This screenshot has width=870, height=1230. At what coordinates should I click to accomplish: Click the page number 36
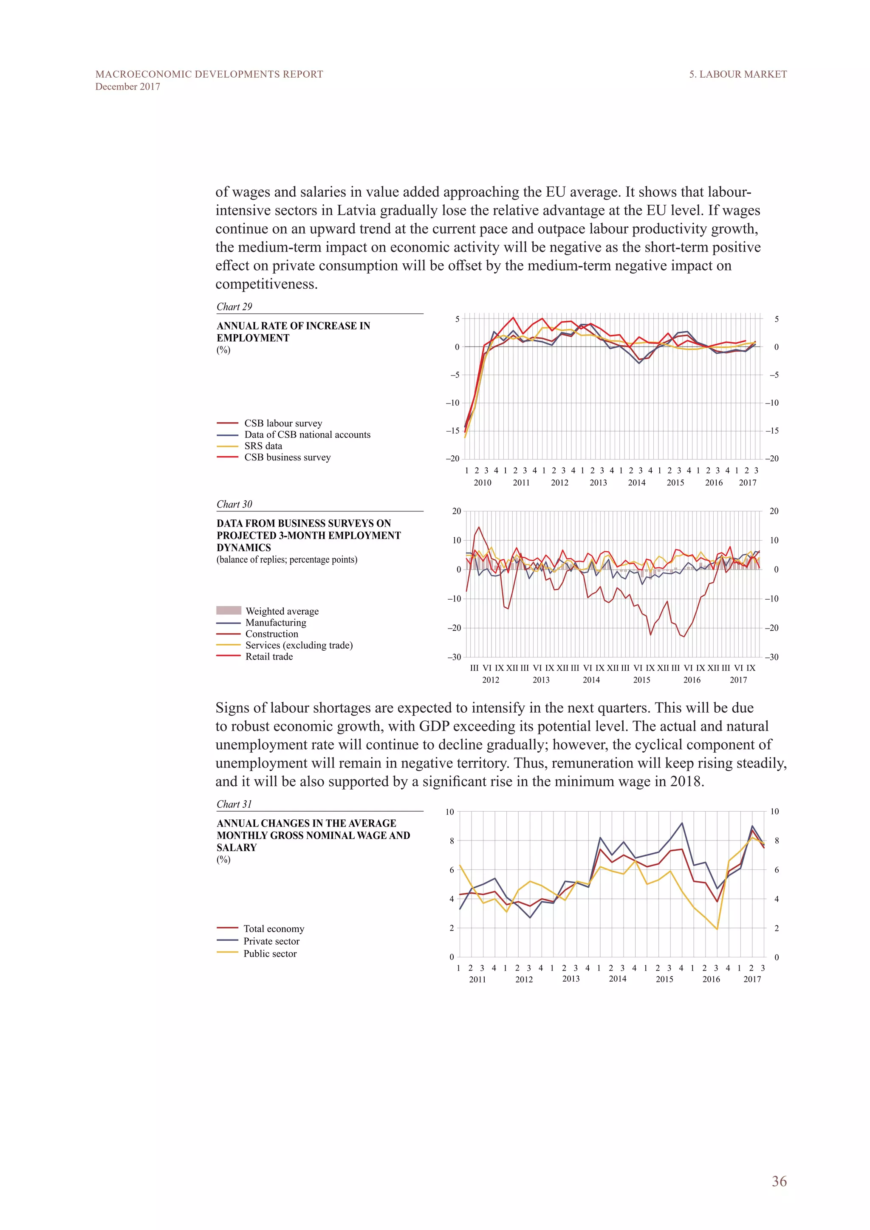pyautogui.click(x=779, y=1181)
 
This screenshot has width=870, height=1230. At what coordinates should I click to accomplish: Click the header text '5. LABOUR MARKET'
pyautogui.click(x=738, y=74)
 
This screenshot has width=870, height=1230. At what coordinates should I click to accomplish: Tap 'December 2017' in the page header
pyautogui.click(x=127, y=87)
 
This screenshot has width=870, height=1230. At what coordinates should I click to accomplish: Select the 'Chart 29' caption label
pyautogui.click(x=234, y=306)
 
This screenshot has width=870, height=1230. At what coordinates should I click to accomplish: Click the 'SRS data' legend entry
pyautogui.click(x=263, y=446)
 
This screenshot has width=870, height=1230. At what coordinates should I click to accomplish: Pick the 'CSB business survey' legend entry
pyautogui.click(x=287, y=457)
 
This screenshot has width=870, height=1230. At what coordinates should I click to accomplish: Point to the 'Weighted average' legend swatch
pyautogui.click(x=229, y=610)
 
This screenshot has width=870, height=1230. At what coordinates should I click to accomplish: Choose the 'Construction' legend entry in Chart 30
pyautogui.click(x=271, y=634)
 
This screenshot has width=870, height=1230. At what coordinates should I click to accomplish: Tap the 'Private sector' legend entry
pyautogui.click(x=271, y=941)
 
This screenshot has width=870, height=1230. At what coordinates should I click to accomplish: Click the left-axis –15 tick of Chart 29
pyautogui.click(x=453, y=431)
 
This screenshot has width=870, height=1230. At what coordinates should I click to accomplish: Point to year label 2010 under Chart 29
pyautogui.click(x=482, y=482)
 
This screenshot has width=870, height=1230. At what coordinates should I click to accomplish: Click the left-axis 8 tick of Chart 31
pyautogui.click(x=452, y=841)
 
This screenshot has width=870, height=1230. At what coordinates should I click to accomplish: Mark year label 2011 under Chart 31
pyautogui.click(x=477, y=979)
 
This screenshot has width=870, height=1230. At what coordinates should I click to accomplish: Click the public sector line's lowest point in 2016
pyautogui.click(x=717, y=929)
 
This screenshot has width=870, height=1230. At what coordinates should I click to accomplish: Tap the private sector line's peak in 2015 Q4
pyautogui.click(x=682, y=823)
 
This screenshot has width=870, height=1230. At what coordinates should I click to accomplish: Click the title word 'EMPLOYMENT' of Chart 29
pyautogui.click(x=253, y=338)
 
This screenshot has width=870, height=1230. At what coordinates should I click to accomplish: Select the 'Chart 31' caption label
pyautogui.click(x=234, y=804)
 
